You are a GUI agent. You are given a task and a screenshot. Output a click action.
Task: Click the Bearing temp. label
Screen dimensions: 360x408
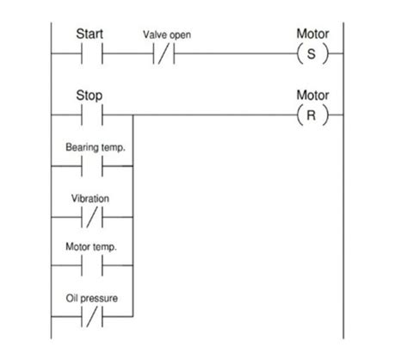coord(96,147)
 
